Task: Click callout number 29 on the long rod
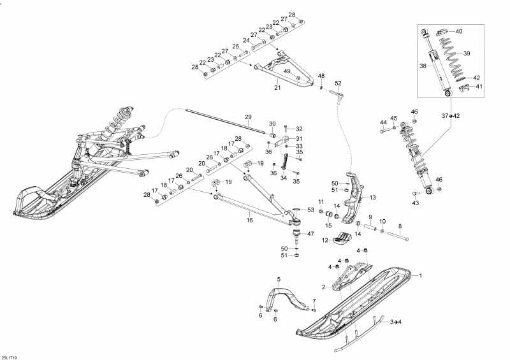(249, 117)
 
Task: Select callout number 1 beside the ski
(420, 275)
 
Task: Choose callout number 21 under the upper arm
(277, 87)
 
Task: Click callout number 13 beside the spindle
(373, 198)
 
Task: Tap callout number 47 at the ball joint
(310, 234)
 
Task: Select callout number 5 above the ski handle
(279, 280)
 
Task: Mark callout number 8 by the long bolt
(400, 226)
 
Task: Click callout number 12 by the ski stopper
(324, 241)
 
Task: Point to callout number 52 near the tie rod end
(338, 83)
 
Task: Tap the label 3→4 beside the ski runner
(395, 321)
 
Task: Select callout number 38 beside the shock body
(421, 65)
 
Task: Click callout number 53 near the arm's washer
(310, 210)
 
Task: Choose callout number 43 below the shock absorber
(416, 203)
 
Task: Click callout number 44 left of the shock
(383, 122)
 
